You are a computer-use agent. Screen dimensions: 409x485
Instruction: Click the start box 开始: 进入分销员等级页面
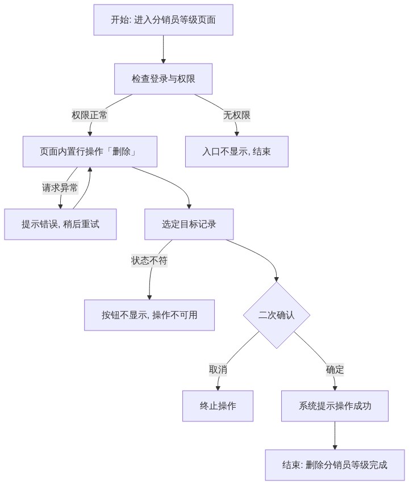164,20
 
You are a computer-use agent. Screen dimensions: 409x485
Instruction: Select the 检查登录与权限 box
164,79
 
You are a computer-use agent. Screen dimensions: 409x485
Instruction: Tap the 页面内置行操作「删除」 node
90,152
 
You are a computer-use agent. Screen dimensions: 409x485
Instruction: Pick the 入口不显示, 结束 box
237,152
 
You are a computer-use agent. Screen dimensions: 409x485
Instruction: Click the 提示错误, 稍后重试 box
60,224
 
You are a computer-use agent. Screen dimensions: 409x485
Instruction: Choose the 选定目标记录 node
189,224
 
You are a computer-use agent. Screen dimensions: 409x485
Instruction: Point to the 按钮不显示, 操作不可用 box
149,315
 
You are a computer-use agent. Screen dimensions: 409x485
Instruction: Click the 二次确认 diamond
277,315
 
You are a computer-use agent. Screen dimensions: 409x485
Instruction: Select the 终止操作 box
218,406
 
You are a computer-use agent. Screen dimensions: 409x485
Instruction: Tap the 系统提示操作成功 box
335,406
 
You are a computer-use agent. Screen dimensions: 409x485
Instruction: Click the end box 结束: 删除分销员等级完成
335,465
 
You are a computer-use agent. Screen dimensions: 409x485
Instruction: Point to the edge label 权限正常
90,115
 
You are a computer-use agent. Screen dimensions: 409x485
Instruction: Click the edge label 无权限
237,115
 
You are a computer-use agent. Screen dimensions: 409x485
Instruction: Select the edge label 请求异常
60,188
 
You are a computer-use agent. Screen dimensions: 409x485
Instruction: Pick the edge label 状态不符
149,261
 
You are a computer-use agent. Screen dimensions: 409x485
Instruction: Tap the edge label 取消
218,370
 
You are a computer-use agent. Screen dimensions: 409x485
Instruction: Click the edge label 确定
335,370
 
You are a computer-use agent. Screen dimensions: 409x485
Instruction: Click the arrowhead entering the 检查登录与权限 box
164,61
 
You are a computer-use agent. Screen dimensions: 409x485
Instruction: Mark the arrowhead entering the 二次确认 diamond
277,279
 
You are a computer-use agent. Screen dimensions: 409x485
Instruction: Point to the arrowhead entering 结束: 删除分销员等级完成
335,448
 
